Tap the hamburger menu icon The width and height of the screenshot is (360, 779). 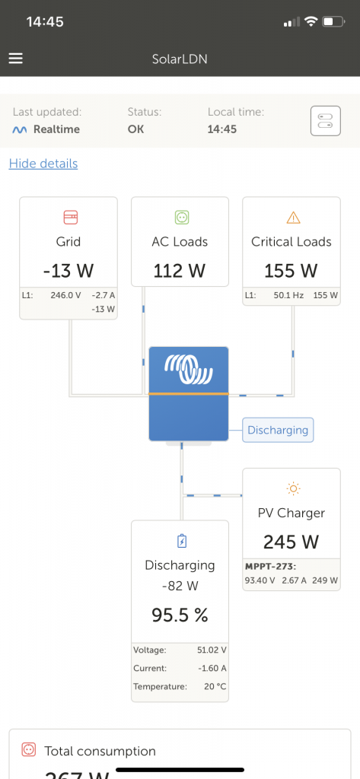(x=16, y=59)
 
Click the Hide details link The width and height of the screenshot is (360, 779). (x=43, y=164)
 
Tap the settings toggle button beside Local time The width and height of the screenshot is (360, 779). (x=325, y=120)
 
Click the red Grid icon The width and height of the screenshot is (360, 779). (x=69, y=218)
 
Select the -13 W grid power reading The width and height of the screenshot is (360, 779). (x=68, y=270)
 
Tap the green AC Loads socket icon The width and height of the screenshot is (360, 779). (x=180, y=218)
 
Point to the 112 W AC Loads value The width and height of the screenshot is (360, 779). (x=180, y=270)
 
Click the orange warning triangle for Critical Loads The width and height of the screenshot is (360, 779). (x=293, y=218)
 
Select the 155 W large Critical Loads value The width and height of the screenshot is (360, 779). (x=291, y=270)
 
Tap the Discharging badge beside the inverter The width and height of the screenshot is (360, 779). (x=278, y=430)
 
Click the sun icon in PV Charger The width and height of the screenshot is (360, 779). (x=293, y=488)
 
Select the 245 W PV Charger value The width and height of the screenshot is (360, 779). (x=290, y=542)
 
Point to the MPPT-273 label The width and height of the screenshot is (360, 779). (x=269, y=567)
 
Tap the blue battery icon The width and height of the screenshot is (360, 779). (x=181, y=541)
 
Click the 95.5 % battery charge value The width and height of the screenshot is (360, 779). (x=180, y=615)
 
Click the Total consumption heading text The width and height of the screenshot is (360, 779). (x=100, y=751)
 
